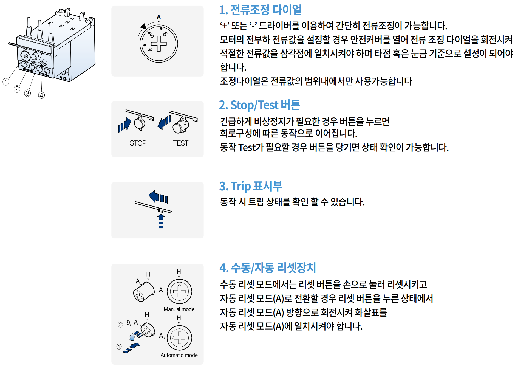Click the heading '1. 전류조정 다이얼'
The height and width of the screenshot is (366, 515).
pyautogui.click(x=260, y=10)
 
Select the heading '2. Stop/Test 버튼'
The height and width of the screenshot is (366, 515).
pyautogui.click(x=259, y=105)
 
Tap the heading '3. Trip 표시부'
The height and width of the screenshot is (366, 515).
pyautogui.click(x=251, y=186)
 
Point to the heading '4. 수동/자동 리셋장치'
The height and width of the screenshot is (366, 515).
pyautogui.click(x=268, y=268)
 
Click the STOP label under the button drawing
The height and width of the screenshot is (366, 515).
pyautogui.click(x=138, y=143)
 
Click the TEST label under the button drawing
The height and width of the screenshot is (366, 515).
pyautogui.click(x=180, y=143)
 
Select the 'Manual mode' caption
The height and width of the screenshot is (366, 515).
pyautogui.click(x=179, y=309)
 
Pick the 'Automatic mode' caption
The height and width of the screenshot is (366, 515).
pyautogui.click(x=179, y=355)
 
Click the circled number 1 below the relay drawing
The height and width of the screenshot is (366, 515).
pyautogui.click(x=6, y=82)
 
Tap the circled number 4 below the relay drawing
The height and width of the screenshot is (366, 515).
pyautogui.click(x=41, y=95)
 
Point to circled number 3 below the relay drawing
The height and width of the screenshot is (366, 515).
pyautogui.click(x=27, y=93)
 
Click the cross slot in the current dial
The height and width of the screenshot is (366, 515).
pyautogui.click(x=159, y=44)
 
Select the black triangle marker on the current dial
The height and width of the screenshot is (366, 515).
pyautogui.click(x=143, y=26)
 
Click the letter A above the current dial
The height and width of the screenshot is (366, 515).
pyautogui.click(x=159, y=17)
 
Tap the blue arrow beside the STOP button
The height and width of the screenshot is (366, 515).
pyautogui.click(x=124, y=125)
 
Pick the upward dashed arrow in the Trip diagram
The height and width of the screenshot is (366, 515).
pyautogui.click(x=161, y=221)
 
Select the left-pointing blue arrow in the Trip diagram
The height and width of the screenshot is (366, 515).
pyautogui.click(x=158, y=197)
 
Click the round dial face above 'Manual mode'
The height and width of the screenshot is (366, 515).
pyautogui.click(x=179, y=291)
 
